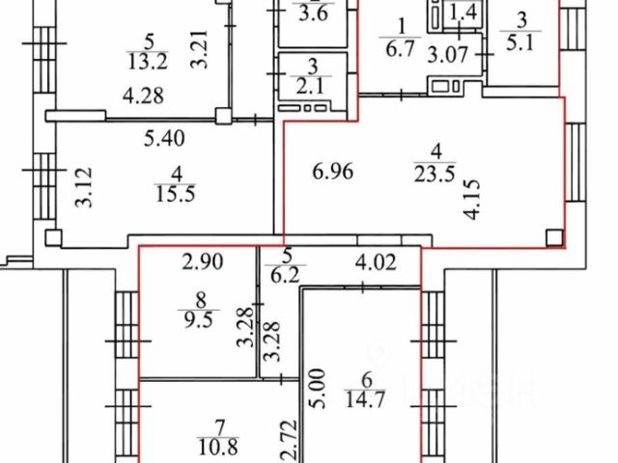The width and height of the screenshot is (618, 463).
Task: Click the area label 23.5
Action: [434, 175]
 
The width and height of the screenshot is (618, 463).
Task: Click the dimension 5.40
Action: [163, 138]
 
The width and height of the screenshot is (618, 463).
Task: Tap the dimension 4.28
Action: [141, 95]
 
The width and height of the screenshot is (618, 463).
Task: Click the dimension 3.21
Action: [200, 48]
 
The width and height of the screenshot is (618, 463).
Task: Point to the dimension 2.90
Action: [203, 260]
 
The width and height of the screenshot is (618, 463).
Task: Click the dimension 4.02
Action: [375, 260]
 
